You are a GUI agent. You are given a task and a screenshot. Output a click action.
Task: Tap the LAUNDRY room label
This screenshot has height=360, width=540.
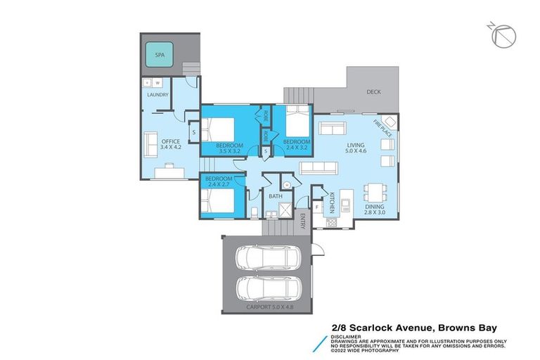(157, 95)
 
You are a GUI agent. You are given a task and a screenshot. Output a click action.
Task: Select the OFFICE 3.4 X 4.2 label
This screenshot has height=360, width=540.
(171, 144)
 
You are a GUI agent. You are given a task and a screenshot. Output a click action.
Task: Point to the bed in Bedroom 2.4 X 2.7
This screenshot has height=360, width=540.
(217, 199)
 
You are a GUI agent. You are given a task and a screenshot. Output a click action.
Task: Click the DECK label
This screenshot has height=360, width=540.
(374, 92)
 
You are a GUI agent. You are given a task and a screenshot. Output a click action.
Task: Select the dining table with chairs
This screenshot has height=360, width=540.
(374, 192)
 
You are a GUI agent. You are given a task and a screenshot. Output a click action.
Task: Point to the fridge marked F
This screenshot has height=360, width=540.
(318, 207)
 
